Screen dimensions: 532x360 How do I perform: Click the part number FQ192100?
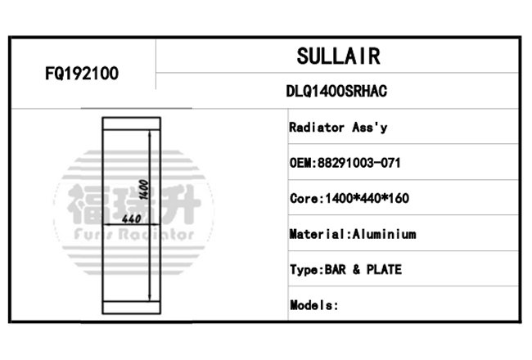82,74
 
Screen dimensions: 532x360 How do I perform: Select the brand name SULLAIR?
338,56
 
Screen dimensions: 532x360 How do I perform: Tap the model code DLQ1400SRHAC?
336,91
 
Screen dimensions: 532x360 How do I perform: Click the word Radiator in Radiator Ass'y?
317,128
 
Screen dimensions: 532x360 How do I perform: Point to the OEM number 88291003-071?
358,163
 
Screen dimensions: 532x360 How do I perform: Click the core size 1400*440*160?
367,198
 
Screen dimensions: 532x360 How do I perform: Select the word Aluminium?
384,234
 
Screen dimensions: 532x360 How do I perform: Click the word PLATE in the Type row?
384,269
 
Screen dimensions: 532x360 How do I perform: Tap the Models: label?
313,305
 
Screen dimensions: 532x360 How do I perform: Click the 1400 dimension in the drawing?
143,190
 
